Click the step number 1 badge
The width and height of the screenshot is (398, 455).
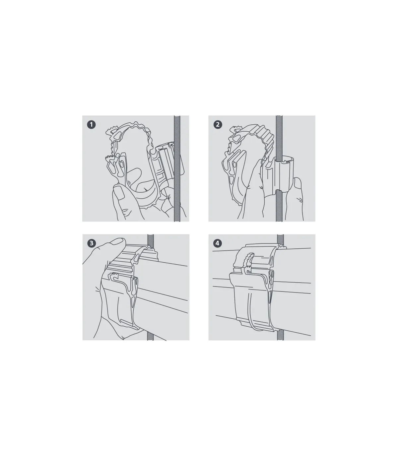pos(92,125)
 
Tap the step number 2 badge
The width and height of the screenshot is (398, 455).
pos(218,125)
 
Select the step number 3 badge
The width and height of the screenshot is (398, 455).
pos(92,243)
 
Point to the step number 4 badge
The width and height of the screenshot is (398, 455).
pos(218,243)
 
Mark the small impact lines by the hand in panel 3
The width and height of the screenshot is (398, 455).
pos(97,289)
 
